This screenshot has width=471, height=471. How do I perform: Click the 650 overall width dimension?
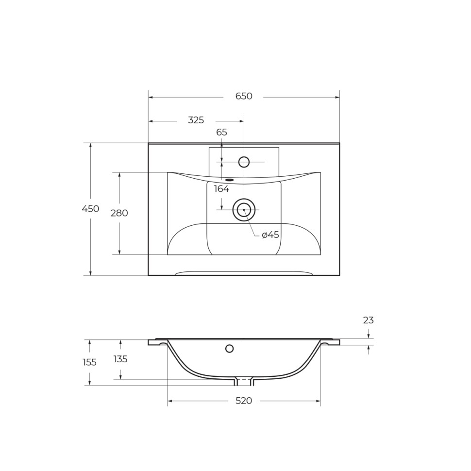coord(244,97)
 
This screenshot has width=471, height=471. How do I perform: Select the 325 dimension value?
coord(196,120)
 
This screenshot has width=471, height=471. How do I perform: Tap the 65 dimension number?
coord(221,133)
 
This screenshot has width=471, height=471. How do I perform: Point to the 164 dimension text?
coord(221,189)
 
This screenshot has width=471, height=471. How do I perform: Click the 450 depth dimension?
coord(90,209)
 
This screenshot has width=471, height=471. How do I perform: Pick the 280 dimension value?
coord(119,213)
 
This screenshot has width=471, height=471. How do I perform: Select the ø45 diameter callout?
coord(270,235)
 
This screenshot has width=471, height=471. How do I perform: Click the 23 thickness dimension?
coord(368,320)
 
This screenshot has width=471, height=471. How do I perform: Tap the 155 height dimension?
coord(89,362)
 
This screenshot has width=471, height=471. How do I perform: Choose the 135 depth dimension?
coord(120,359)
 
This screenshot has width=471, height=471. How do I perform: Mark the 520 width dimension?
coord(244,401)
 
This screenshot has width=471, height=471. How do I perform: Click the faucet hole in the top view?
coord(244,162)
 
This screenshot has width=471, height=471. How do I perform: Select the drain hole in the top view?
coord(244,210)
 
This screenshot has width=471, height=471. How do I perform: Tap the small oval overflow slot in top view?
coord(229,180)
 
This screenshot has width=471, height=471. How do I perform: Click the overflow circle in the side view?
coord(230,348)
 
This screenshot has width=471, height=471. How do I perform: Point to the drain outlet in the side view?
coord(244,382)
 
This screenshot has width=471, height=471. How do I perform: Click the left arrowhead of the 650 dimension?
coord(151,97)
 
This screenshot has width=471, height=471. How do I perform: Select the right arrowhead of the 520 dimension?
coord(318,401)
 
